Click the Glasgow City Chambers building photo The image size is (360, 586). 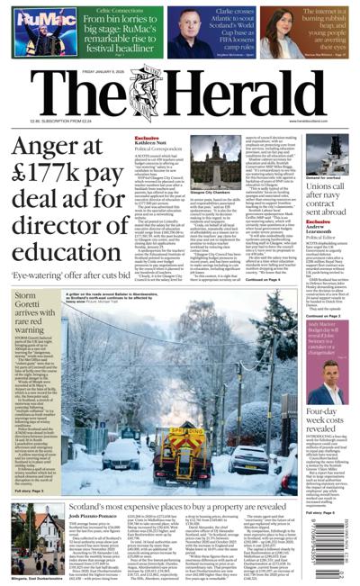185,154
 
